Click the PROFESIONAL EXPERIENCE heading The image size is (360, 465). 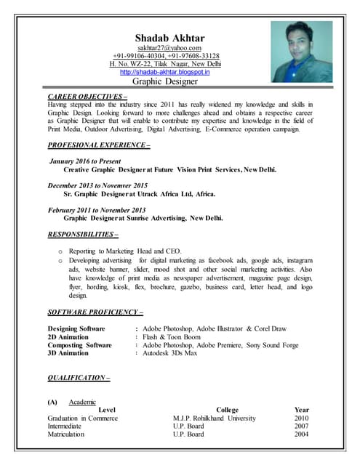point(98,146)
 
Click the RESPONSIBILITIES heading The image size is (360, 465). point(82,235)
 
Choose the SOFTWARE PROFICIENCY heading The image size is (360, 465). point(95,312)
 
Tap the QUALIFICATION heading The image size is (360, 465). point(79,378)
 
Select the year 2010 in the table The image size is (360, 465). point(301,418)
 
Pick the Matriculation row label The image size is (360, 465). point(66,434)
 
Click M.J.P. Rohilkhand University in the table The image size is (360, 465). point(215,418)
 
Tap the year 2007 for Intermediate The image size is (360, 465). point(301,426)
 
